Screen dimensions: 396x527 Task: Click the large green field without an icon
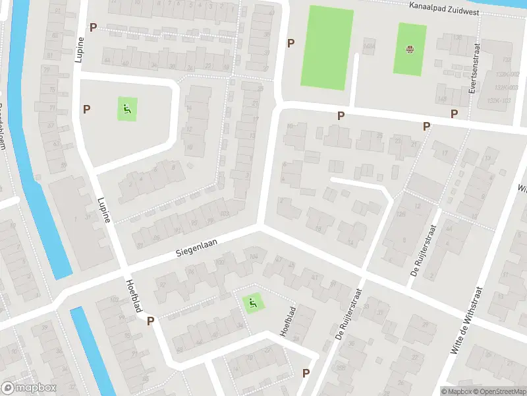(x=327, y=48)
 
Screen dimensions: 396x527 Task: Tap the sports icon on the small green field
(x=410, y=49)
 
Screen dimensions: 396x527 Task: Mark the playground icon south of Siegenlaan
(x=252, y=303)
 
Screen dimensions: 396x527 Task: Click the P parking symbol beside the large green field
(x=291, y=44)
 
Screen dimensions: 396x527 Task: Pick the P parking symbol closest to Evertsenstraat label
(x=454, y=114)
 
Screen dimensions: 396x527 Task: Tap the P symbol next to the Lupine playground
(x=86, y=108)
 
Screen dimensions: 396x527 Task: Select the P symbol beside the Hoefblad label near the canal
(x=151, y=321)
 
